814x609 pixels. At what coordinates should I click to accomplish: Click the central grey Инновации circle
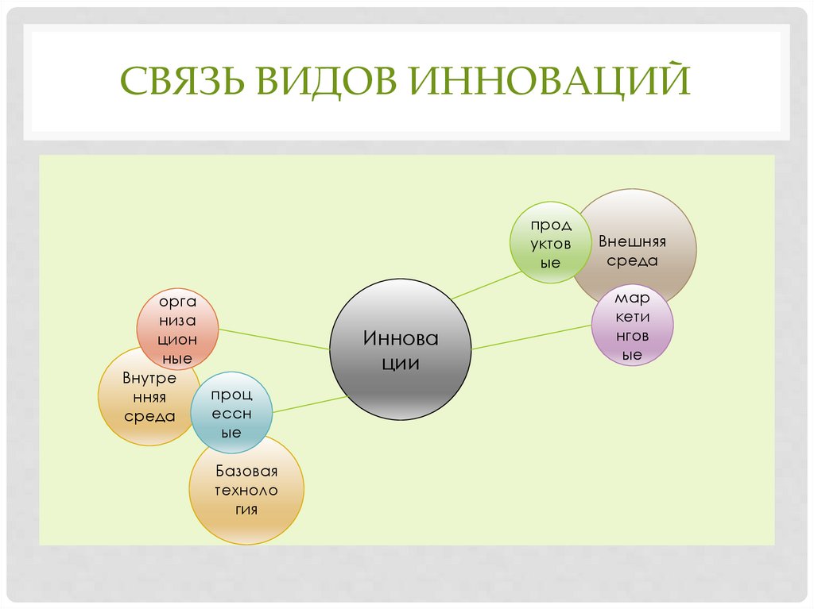[x=401, y=349]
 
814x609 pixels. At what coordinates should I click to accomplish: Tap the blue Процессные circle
[x=231, y=413]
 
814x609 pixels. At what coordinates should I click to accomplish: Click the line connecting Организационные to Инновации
[x=274, y=339]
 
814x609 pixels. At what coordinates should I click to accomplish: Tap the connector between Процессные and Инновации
[x=309, y=403]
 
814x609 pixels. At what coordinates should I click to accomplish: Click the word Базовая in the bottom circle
[x=246, y=472]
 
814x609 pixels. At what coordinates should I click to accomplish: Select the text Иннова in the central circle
[x=401, y=338]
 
